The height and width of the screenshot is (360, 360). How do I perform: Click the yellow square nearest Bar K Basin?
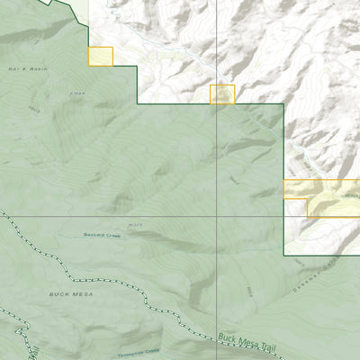pyautogui.click(x=100, y=56)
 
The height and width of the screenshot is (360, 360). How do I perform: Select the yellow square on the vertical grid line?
pyautogui.click(x=221, y=94)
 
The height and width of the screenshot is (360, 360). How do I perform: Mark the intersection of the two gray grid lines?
pyautogui.click(x=217, y=216)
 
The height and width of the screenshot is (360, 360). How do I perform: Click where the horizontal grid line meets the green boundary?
pyautogui.click(x=284, y=216)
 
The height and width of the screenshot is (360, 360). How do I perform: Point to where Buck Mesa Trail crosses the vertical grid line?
pyautogui.click(x=217, y=335)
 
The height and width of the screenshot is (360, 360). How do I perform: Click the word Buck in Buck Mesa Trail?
pyautogui.click(x=228, y=338)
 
